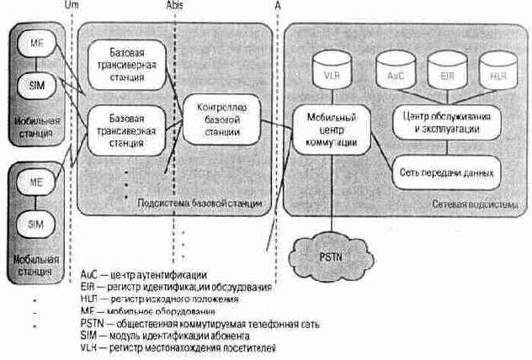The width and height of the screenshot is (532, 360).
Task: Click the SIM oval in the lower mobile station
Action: pyautogui.click(x=36, y=225)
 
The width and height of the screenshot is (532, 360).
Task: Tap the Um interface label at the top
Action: pyautogui.click(x=72, y=5)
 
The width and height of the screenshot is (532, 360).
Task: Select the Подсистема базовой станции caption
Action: pyautogui.click(x=199, y=204)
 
